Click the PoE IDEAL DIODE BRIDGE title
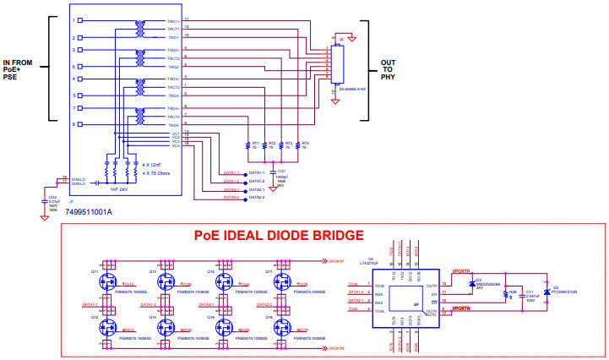(x=279, y=235)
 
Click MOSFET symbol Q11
(x=109, y=281)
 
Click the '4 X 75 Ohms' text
(x=157, y=172)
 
